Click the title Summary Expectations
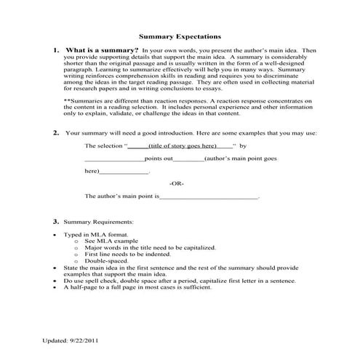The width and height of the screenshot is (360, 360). point(180,36)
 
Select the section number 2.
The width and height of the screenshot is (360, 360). point(56,133)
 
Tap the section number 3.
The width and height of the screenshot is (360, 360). point(56,220)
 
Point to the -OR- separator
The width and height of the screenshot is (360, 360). point(177,183)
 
